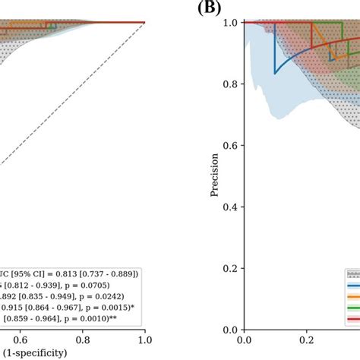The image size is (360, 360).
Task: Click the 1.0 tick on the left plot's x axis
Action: pyautogui.click(x=144, y=340)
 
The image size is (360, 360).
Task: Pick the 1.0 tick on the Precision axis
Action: pyautogui.click(x=229, y=23)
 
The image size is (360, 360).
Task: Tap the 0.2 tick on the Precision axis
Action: pyautogui.click(x=229, y=268)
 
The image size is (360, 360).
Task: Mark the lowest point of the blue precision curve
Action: pyautogui.click(x=275, y=73)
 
